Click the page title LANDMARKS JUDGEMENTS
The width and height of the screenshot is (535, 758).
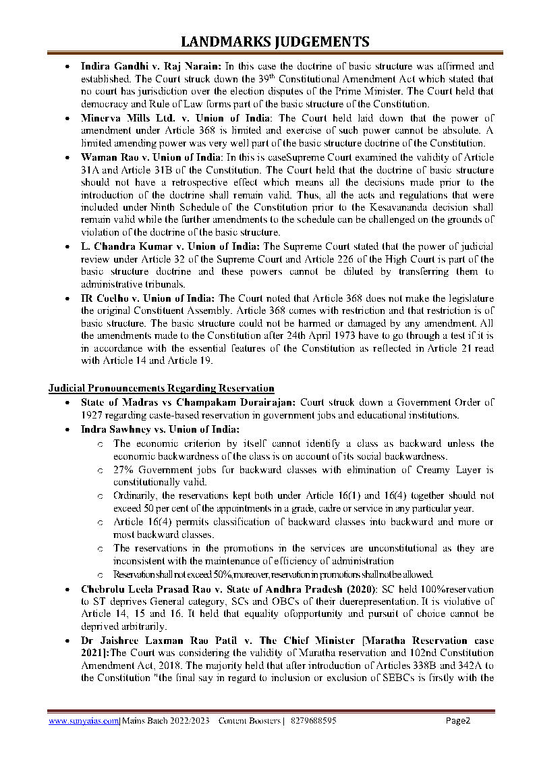[267, 42]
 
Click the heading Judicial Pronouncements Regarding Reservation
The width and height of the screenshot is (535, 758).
[161, 388]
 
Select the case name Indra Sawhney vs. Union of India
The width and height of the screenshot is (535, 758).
[161, 429]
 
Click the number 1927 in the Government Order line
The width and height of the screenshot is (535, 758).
[94, 415]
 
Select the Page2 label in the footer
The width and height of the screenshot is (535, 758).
[458, 720]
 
